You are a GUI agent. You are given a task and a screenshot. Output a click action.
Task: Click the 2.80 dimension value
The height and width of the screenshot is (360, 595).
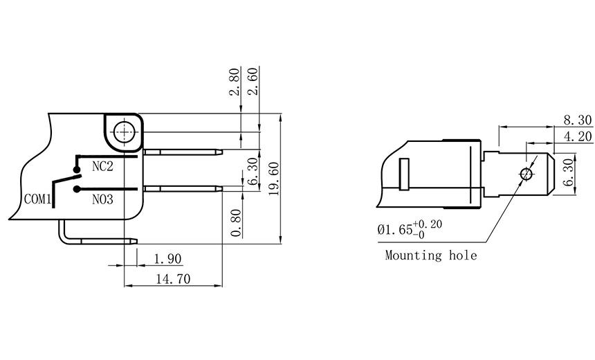point(235,82)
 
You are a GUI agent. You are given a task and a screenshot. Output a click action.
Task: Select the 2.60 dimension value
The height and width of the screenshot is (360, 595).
point(254,82)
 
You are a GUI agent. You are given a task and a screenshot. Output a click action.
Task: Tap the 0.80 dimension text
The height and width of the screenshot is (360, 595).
point(236,223)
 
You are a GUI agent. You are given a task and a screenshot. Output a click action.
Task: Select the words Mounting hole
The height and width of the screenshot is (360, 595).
point(430,255)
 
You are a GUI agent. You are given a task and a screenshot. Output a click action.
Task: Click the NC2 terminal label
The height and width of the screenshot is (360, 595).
point(102,168)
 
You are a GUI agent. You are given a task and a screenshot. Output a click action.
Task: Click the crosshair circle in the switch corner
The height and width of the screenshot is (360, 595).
point(125,131)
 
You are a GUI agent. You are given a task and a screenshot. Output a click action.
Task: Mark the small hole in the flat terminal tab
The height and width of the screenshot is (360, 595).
point(527,173)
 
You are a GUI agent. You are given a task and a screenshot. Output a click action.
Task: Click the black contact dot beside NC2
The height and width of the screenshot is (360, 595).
point(76,168)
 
